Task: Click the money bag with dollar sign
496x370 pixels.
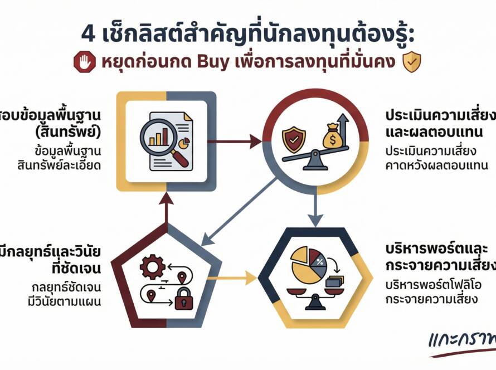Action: pyautogui.click(x=330, y=134)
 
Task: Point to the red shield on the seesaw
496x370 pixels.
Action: pyautogui.click(x=294, y=139)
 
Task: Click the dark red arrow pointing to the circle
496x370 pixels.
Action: pyautogui.click(x=237, y=142)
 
